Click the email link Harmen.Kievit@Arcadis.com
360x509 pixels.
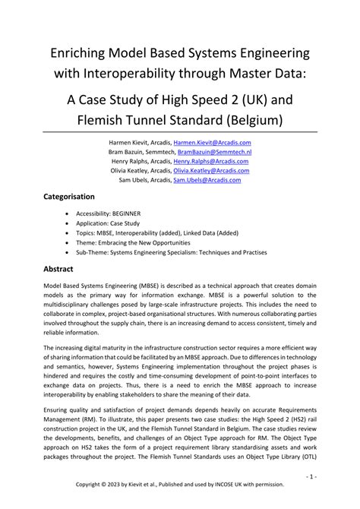click(x=212, y=142)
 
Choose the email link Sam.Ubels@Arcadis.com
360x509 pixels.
click(x=207, y=180)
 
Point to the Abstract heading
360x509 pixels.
click(x=60, y=269)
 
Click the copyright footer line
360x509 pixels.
click(x=180, y=484)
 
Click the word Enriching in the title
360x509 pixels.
click(x=81, y=53)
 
